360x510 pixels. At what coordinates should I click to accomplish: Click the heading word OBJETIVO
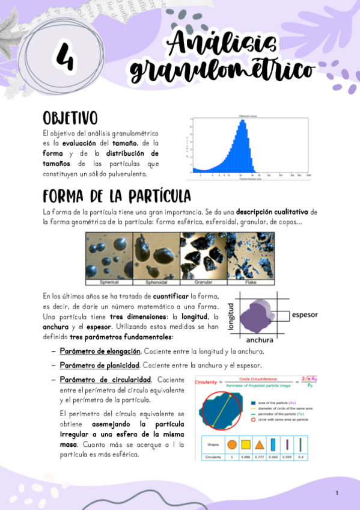click(x=70, y=117)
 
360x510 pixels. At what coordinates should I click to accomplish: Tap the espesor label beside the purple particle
click(x=304, y=315)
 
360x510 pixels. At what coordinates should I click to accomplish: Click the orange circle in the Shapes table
click(x=231, y=445)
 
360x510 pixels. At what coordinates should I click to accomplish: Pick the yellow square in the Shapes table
click(x=246, y=445)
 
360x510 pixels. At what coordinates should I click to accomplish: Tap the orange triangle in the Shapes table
click(x=260, y=445)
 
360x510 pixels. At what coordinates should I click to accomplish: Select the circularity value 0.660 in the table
click(x=273, y=457)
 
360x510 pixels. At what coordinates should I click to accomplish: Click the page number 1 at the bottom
click(x=337, y=493)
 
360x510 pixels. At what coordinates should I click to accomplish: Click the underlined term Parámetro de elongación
click(x=100, y=351)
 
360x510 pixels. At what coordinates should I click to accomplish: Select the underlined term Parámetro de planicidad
click(x=99, y=365)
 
